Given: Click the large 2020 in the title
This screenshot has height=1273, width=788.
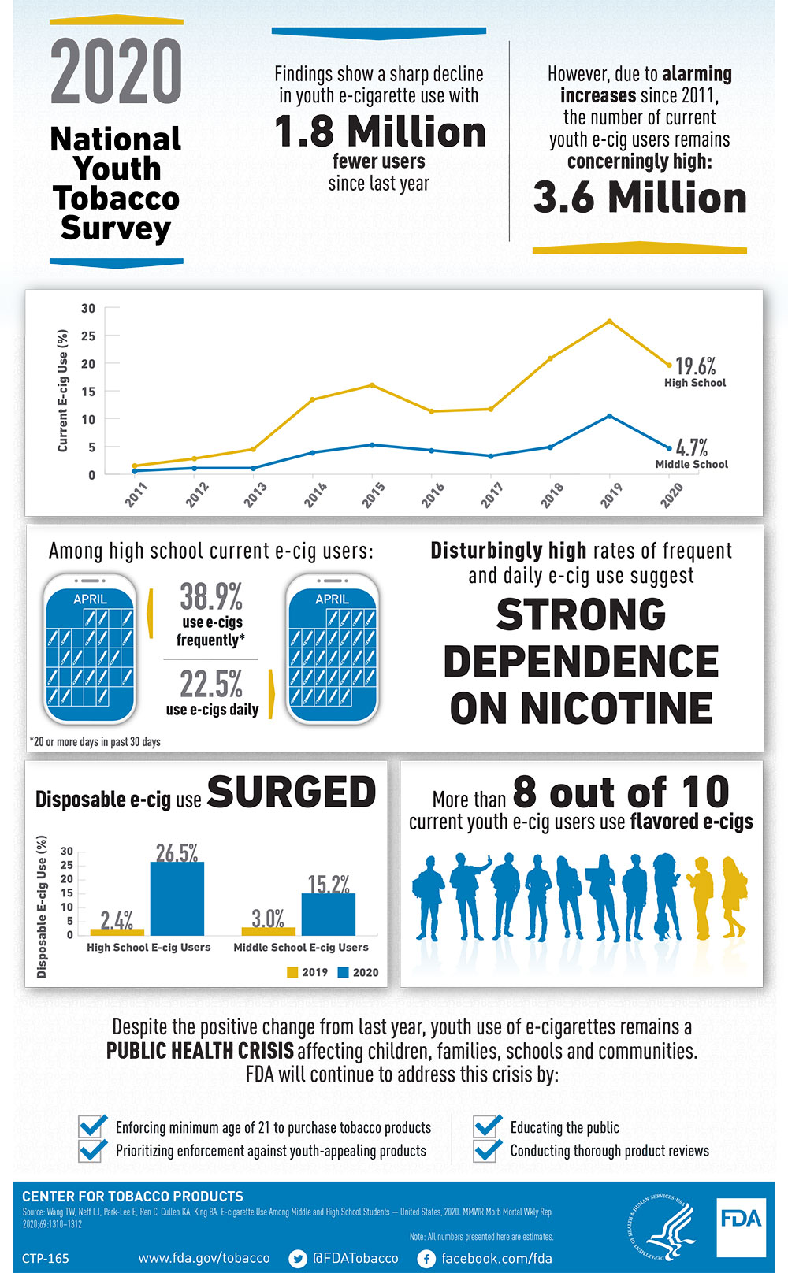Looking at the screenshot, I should [117, 72].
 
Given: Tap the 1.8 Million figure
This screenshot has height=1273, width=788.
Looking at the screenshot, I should [379, 132].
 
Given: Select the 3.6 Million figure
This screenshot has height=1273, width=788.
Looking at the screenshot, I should [639, 197].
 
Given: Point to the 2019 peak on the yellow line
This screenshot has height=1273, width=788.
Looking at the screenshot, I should [609, 321].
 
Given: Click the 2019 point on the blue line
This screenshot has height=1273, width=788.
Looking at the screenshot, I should [609, 416].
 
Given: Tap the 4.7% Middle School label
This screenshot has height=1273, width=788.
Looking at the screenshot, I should [691, 453].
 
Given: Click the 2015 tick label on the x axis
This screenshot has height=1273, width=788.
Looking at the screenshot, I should [374, 495].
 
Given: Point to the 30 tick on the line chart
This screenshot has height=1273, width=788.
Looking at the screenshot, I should [88, 309].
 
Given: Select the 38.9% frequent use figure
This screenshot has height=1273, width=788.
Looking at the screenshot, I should [211, 596].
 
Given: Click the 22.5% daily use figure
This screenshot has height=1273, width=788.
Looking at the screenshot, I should [211, 684].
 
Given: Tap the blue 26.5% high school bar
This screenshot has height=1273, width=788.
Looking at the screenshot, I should [177, 898].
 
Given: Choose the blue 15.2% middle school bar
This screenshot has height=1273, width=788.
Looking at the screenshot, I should [329, 914].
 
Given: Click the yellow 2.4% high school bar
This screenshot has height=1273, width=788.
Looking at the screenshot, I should [117, 932].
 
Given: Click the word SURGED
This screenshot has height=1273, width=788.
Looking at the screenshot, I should [292, 792].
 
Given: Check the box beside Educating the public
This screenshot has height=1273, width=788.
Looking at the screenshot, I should [488, 1126].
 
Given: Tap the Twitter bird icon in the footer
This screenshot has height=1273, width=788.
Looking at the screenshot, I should [298, 1258].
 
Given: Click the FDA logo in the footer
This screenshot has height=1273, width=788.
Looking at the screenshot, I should [741, 1227].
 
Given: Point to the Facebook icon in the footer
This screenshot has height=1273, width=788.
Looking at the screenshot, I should [426, 1258].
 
